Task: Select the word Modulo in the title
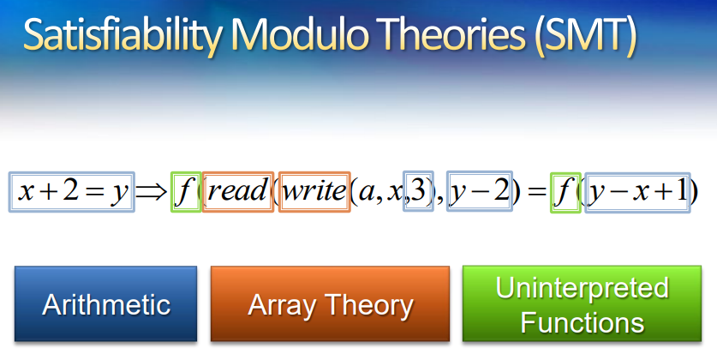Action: point(299,34)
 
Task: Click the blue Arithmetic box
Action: point(105,303)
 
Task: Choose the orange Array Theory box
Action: point(330,303)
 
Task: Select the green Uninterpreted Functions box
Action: point(583,303)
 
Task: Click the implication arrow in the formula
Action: point(152,192)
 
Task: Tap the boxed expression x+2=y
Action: point(72,192)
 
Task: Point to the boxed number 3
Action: point(418,191)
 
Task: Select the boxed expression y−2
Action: point(479,191)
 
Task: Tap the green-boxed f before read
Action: point(186,192)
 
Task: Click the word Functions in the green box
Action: point(583,322)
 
